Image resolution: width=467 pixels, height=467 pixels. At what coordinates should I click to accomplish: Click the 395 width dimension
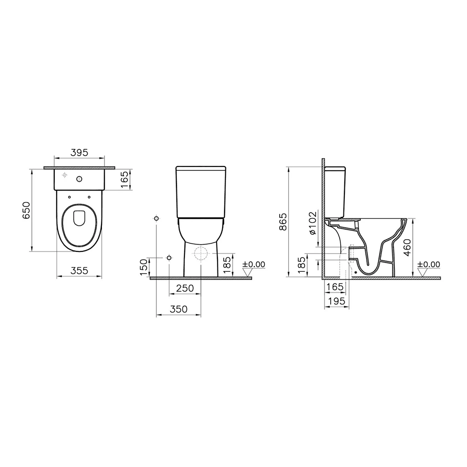79,153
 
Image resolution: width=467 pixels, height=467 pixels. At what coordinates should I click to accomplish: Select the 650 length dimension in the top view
26,210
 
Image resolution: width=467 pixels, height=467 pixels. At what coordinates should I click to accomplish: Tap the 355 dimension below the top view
79,271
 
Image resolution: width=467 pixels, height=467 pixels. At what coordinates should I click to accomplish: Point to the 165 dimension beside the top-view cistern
125,180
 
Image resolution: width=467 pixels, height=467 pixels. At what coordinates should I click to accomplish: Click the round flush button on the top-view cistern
79,179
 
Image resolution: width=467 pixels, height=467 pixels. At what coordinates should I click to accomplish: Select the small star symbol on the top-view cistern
65,175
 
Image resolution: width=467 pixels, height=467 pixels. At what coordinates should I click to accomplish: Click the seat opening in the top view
79,218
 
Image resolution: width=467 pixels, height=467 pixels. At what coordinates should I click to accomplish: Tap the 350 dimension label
178,309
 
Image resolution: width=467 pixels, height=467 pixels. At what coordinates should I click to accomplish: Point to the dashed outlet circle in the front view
200,254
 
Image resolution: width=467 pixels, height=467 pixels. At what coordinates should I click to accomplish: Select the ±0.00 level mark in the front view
253,265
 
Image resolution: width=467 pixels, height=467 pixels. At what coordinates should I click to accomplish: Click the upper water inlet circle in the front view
157,218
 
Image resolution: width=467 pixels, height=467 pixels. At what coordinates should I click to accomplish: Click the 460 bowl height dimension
408,247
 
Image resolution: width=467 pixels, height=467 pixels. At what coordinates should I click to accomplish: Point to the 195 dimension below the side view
335,301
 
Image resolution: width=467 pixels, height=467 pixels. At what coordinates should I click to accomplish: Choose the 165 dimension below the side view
334,286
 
